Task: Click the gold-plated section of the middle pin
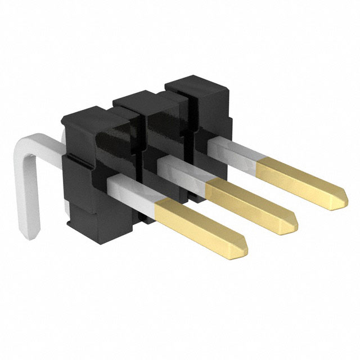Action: point(250,202)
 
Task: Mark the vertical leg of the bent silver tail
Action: point(28,191)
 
